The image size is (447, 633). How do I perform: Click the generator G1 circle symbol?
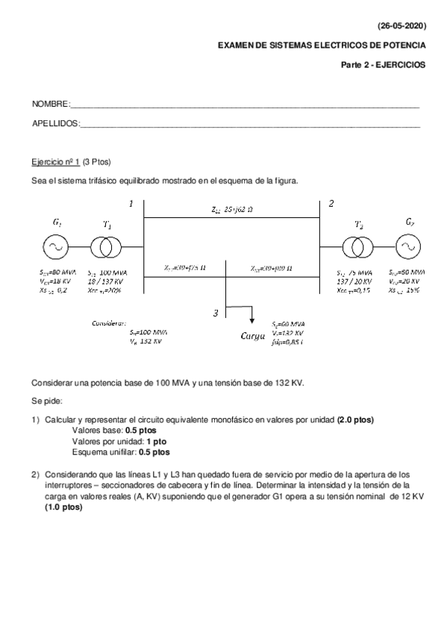[57, 246]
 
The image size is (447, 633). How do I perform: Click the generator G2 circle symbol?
[407, 246]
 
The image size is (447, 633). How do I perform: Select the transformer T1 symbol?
[107, 246]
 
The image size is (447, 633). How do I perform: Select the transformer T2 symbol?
[357, 246]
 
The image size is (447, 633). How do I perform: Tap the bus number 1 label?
[131, 203]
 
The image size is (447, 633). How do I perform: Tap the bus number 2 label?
[331, 203]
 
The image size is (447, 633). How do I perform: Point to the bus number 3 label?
[216, 314]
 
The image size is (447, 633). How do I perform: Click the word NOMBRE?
[50, 104]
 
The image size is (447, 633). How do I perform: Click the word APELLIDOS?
[54, 123]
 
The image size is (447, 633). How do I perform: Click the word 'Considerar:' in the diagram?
[108, 324]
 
